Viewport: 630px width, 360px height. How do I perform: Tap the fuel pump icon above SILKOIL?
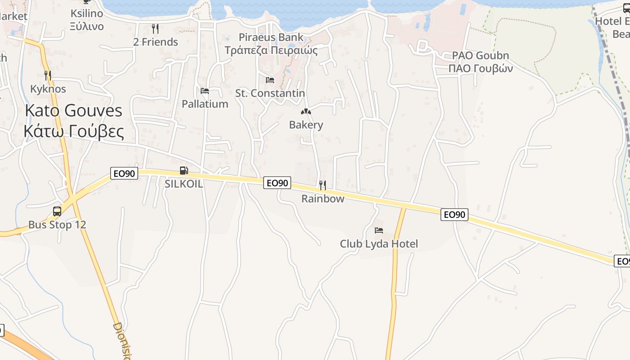click(x=184, y=171)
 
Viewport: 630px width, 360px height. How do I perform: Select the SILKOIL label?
click(x=184, y=184)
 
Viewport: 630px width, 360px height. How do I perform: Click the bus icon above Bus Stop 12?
click(x=57, y=211)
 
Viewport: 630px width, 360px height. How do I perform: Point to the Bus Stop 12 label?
click(x=57, y=225)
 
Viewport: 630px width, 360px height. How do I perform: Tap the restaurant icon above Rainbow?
click(x=323, y=185)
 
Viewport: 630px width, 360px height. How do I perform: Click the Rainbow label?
click(x=323, y=198)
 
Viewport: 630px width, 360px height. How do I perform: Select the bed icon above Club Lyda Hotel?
click(x=379, y=230)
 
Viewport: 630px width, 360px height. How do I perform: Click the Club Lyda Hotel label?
click(x=379, y=244)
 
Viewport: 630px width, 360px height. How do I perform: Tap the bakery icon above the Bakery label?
click(x=306, y=111)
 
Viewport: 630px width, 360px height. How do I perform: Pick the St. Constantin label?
click(x=270, y=93)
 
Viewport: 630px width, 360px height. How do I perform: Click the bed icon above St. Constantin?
click(x=270, y=80)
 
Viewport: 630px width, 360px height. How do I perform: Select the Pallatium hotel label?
click(x=205, y=104)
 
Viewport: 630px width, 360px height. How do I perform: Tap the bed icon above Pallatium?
click(x=205, y=91)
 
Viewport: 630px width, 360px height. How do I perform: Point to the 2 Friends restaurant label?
click(x=156, y=42)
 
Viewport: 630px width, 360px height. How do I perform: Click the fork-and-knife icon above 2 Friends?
click(x=156, y=29)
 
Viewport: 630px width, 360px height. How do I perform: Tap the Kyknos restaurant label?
click(x=48, y=89)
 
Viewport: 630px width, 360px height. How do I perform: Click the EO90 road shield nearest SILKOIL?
click(x=124, y=173)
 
